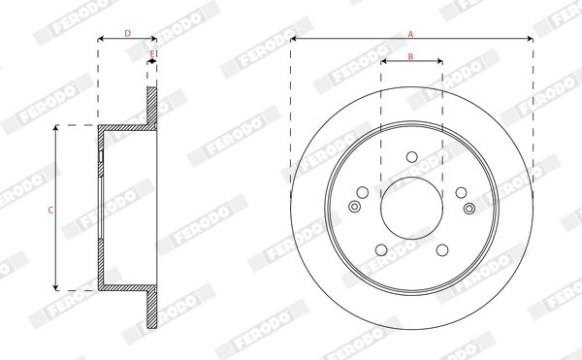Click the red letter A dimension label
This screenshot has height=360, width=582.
click(411, 33)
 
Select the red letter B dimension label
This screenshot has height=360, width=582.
click(411, 57)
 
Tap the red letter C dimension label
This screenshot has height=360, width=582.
click(50, 208)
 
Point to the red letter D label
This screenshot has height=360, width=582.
click(128, 33)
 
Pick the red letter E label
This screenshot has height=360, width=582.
click(152, 54)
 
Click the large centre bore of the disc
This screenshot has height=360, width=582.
click(411, 207)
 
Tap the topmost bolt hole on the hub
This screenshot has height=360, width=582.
click(411, 155)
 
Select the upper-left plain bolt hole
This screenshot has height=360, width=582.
click(363, 191)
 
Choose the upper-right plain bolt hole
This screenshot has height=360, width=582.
click(460, 191)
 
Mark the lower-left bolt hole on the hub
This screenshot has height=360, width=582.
click(381, 248)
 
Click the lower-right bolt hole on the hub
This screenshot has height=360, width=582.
click(441, 248)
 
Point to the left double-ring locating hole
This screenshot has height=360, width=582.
click(354, 206)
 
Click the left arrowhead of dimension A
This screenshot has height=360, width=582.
click(294, 40)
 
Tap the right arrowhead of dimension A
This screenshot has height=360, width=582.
click(530, 40)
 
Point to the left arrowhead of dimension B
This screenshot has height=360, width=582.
click(383, 64)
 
